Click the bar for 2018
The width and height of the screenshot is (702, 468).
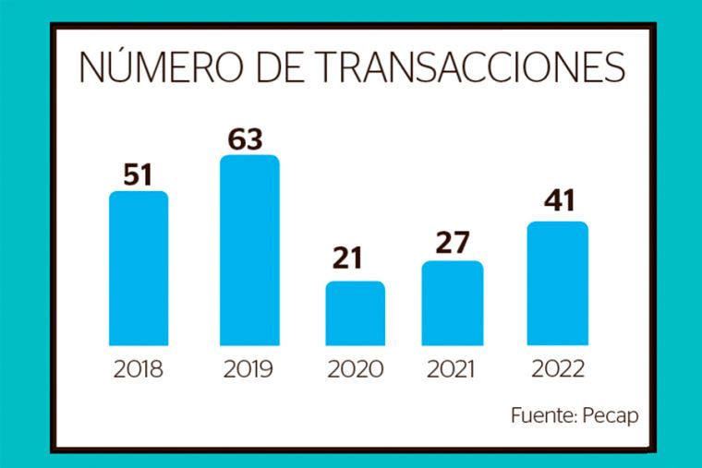click(x=139, y=268)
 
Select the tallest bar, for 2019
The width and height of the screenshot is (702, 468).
click(x=249, y=249)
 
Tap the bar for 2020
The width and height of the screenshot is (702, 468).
click(x=356, y=313)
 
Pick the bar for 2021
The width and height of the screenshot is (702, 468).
click(x=453, y=303)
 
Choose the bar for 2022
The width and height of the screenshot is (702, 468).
click(x=558, y=283)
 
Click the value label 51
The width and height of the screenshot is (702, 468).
click(x=139, y=174)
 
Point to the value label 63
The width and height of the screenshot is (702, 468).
click(x=247, y=138)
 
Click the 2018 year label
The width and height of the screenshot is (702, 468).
click(x=139, y=370)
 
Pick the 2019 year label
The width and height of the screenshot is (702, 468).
click(x=248, y=370)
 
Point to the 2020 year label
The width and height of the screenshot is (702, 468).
click(x=356, y=370)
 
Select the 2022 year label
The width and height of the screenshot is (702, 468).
click(x=558, y=370)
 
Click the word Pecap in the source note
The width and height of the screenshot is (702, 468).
click(x=611, y=414)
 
